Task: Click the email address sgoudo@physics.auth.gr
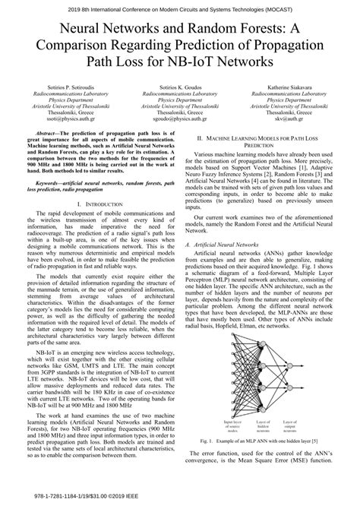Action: click(x=179, y=119)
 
